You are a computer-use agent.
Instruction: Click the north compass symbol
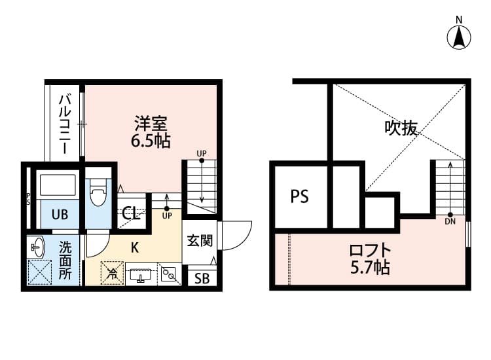pos(460,37)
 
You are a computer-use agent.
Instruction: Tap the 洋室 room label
pos(151,124)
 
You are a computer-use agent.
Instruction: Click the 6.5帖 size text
pos(151,140)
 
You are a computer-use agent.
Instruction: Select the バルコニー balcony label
pos(65,124)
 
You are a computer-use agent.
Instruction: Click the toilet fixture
pos(98,195)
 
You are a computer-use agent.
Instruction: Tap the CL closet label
pos(131,214)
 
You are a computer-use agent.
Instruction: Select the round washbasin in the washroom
pos(37,247)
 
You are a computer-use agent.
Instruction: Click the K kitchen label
pos(134,247)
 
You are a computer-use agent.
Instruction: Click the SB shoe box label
pos(201,279)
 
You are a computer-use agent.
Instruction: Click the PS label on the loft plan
pos(299,196)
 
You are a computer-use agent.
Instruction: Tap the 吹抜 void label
pos(401,128)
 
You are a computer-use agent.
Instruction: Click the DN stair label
pos(450,221)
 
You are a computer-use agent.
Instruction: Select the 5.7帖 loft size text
pos(370,267)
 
